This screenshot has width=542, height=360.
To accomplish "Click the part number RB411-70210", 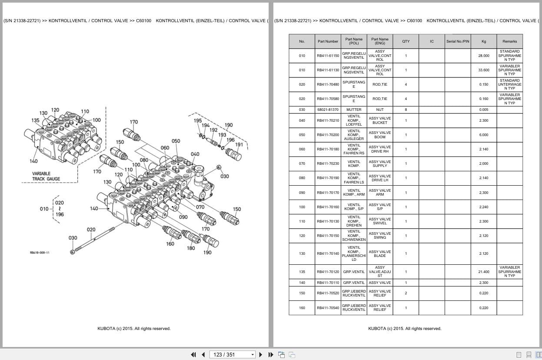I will point(328,120).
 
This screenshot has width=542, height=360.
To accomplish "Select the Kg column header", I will point(483,41).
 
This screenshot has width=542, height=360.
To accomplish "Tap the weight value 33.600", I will point(483,70).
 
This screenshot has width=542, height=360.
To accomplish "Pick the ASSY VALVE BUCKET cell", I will point(379,120).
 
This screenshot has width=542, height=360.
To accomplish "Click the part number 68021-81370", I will point(328,110).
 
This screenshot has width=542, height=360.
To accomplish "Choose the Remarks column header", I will point(509,41).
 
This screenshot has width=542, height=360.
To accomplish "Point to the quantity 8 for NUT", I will point(406,110).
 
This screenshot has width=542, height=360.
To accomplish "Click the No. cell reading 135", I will point(302,272).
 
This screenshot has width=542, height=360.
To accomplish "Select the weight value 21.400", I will point(483,272).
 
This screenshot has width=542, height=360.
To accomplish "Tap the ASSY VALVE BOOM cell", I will point(379,135).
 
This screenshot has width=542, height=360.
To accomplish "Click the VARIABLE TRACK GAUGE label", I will point(47,176).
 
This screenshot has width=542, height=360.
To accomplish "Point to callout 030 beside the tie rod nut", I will point(73,238).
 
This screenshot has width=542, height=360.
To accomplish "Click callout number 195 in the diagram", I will point(198,121).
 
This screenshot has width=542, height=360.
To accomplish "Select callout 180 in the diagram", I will point(191,248).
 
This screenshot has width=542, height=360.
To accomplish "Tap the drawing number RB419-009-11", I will point(40,253).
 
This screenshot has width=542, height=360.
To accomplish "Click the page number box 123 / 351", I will point(233,354).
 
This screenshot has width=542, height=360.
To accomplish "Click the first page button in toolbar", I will point(193,354).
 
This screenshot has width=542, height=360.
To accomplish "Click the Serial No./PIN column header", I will point(457,41).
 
